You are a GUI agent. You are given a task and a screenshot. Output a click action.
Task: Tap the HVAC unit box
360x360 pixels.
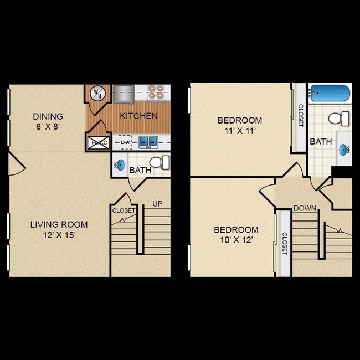[x=99, y=142]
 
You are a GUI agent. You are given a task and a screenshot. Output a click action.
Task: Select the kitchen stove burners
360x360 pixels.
[x=156, y=92]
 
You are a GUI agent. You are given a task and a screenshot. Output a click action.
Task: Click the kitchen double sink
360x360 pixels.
[x=148, y=142]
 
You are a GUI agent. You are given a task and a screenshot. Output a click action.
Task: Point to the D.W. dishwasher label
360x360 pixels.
[x=125, y=142]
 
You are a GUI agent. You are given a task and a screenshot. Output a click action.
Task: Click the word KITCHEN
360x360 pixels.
[x=139, y=116]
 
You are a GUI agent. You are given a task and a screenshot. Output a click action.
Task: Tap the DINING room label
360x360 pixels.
[x=48, y=116]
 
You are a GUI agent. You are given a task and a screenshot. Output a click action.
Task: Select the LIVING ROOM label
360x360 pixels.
[x=59, y=224]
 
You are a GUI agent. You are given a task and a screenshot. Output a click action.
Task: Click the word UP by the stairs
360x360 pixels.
[x=157, y=204]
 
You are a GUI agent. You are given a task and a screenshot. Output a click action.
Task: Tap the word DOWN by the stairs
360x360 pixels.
[x=305, y=208]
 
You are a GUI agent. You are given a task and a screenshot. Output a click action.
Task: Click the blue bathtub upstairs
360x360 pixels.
[x=330, y=93]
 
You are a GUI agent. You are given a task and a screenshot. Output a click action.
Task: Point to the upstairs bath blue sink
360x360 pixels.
[x=345, y=148]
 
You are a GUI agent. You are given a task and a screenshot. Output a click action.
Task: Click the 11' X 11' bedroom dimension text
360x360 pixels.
[x=239, y=131]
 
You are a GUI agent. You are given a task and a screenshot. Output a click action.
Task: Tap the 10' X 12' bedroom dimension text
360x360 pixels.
[x=236, y=240]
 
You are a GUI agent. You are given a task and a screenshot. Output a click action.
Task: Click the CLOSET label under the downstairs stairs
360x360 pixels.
[x=124, y=210]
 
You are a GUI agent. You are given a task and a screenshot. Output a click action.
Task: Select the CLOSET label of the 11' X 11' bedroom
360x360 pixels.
[x=301, y=116]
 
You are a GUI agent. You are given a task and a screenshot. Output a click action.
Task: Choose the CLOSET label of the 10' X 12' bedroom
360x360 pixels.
[x=285, y=243]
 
